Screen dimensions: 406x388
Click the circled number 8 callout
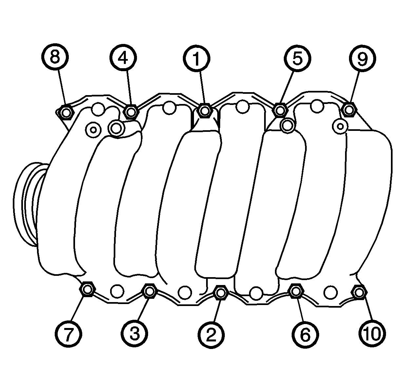tap(55, 57)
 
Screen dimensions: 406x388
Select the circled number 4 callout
tap(123, 58)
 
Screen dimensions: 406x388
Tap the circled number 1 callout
tap(197, 59)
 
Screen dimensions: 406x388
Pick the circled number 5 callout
tap(297, 58)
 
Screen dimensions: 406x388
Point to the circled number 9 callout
tap(362, 58)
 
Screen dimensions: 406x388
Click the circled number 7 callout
tap(68, 334)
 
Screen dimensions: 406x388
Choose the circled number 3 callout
tap(134, 334)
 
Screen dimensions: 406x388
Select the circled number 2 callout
tap(211, 335)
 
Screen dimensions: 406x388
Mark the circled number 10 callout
tap(372, 334)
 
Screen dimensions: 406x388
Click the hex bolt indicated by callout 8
tap(67, 113)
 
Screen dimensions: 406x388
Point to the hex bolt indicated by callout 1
tap(205, 111)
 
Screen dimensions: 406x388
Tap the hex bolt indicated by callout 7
tap(87, 289)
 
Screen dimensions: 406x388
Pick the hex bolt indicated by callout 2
tap(221, 293)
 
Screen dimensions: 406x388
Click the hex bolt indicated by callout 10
tap(359, 292)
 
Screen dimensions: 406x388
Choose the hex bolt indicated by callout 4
tap(131, 112)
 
